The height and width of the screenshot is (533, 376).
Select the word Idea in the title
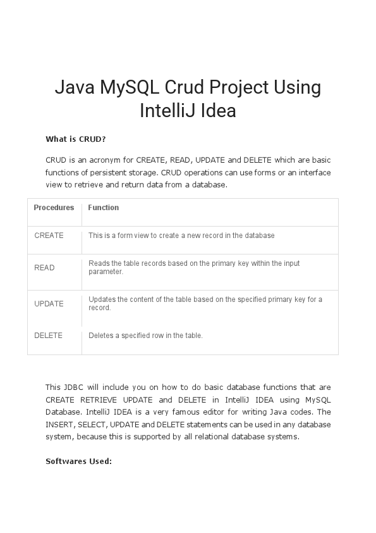(218, 111)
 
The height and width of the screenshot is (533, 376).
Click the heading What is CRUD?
(75, 139)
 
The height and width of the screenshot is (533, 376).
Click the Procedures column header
(54, 208)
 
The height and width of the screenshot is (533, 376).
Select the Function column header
(104, 208)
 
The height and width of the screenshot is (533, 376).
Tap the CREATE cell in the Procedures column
(49, 235)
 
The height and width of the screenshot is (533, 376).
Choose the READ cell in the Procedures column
(44, 268)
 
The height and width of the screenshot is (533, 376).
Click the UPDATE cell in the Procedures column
(49, 304)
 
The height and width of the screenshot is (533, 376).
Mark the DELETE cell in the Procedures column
(48, 335)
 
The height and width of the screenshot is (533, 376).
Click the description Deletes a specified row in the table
(145, 335)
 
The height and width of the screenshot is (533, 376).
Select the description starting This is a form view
(181, 235)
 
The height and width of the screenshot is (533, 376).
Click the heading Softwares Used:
(78, 461)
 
